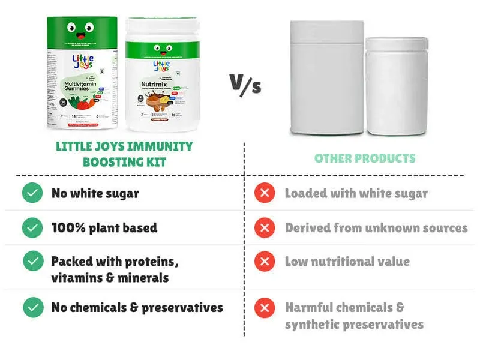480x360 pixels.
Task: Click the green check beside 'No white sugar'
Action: click(x=32, y=193)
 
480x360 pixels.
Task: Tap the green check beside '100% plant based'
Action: click(x=32, y=227)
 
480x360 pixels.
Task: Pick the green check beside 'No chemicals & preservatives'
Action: click(x=32, y=308)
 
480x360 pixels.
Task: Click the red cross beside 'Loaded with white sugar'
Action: click(x=264, y=193)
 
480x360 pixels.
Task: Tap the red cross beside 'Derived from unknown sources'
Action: click(x=264, y=227)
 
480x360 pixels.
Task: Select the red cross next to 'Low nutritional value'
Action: click(x=264, y=261)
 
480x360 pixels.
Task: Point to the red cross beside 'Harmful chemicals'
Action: click(x=264, y=308)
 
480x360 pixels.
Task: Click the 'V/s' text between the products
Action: click(x=246, y=83)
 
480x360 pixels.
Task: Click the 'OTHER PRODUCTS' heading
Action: click(x=365, y=158)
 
